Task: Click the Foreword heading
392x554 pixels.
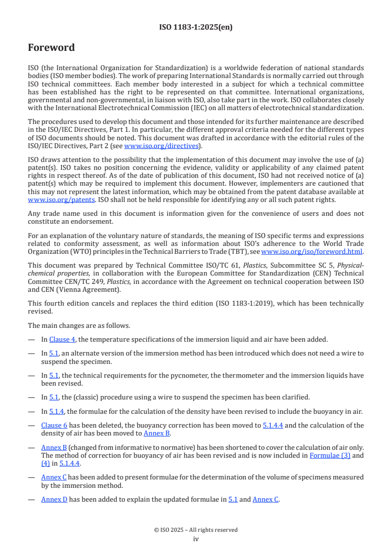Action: tap(51, 48)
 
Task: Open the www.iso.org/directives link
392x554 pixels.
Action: tap(161, 146)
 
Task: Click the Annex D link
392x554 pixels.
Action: tap(54, 499)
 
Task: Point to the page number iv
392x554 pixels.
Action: tap(196, 539)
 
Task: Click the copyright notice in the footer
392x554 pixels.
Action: tap(196, 530)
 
